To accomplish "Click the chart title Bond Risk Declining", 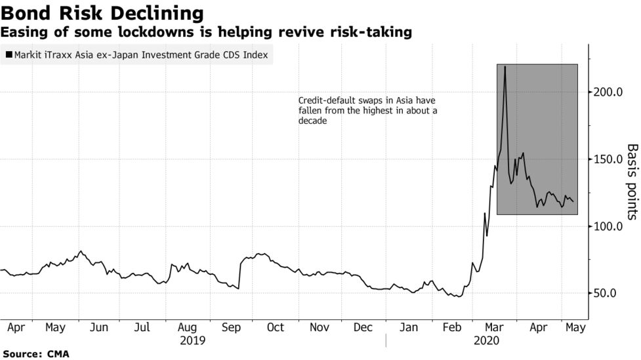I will tap(102, 12).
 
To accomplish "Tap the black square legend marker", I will tap(9, 55).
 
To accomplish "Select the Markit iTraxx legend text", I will tap(140, 55).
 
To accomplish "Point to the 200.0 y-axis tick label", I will tap(608, 92).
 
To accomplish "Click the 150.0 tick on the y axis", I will tap(608, 159).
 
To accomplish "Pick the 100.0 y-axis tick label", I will tap(608, 227).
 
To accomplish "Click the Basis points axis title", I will tap(632, 182).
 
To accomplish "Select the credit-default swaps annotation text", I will tap(367, 111).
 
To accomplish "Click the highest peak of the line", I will tap(505, 67).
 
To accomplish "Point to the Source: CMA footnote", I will tap(35, 353).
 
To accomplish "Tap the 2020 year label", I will tap(486, 340).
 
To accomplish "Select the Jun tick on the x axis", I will tap(98, 327).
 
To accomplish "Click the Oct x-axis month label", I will tap(276, 327).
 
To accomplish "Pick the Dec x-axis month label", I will tap(363, 327).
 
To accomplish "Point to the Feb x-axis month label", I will tap(451, 327).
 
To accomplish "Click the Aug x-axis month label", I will tap(188, 327).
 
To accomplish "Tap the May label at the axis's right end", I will tap(575, 327).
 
